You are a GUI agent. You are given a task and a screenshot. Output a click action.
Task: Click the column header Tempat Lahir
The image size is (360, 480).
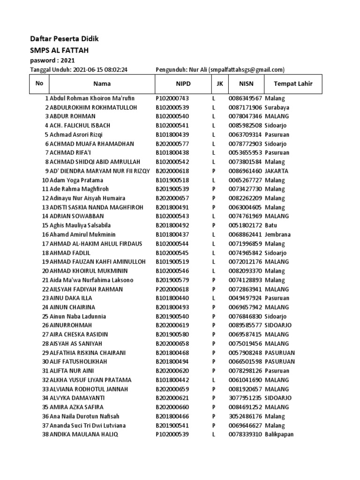pyautogui.click(x=293, y=84)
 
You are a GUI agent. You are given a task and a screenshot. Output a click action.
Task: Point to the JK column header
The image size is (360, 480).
pyautogui.click(x=219, y=84)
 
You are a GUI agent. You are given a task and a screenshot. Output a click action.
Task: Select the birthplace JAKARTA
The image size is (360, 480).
pyautogui.click(x=277, y=171)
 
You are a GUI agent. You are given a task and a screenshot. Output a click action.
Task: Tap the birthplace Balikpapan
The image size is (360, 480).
pyautogui.click(x=279, y=435)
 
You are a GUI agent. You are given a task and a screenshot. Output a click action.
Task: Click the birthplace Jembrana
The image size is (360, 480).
pyautogui.click(x=277, y=234)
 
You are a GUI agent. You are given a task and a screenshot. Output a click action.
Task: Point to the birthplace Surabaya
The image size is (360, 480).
pyautogui.click(x=277, y=107)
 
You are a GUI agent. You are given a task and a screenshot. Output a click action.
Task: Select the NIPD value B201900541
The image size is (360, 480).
pyautogui.click(x=172, y=426)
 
